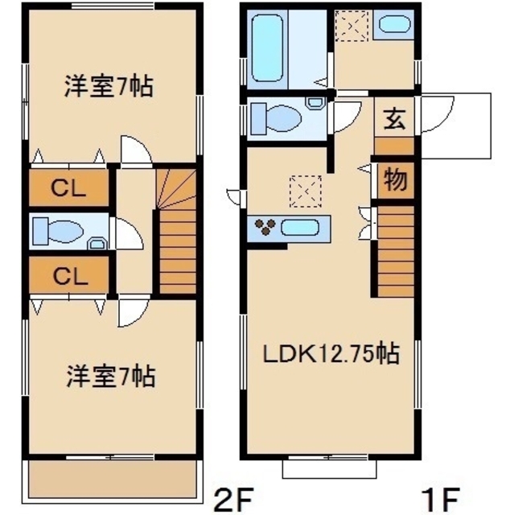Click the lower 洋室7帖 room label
tap(109, 374)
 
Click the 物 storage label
tap(393, 179)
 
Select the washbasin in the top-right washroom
tap(395, 25)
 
